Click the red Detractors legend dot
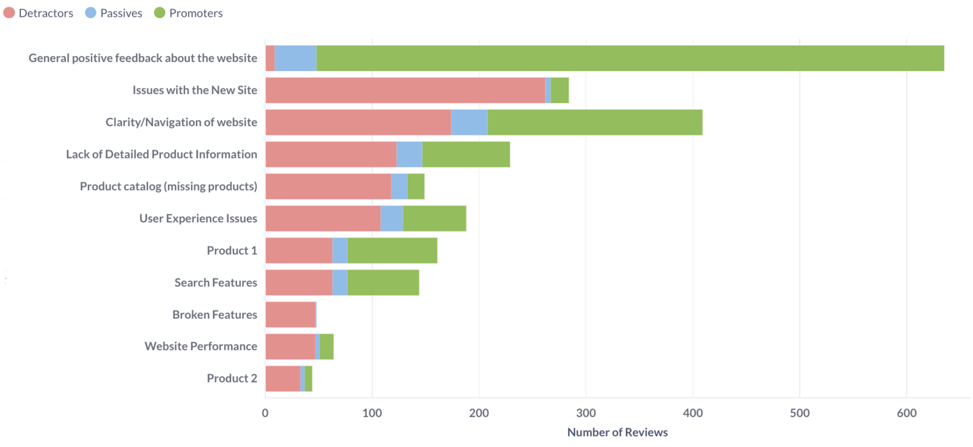pos(9,13)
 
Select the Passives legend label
pos(120,13)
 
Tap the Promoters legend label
pos(195,13)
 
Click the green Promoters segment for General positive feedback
pos(630,58)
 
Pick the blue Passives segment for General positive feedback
pos(295,58)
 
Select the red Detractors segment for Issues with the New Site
pos(405,90)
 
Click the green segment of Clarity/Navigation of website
pos(595,122)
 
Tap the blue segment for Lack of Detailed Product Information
pos(409,155)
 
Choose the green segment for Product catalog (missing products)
pos(416,186)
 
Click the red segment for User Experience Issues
pos(323,218)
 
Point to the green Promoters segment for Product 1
pos(392,250)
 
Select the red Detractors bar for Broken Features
pos(290,314)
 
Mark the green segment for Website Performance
pos(327,346)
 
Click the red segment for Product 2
pos(283,379)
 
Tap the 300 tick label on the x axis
pos(586,413)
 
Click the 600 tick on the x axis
pos(906,413)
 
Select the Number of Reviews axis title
pos(617,433)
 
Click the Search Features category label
pos(215,283)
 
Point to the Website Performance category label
pos(200,346)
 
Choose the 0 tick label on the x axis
pos(265,413)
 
